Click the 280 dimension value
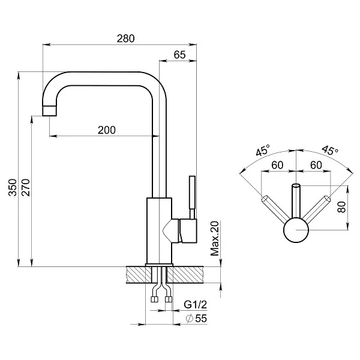(x=125, y=38)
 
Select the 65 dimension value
(x=179, y=55)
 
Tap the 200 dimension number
(x=107, y=130)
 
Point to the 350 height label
(x=13, y=187)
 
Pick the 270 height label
(x=26, y=187)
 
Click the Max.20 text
(x=215, y=238)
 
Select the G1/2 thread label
(x=196, y=305)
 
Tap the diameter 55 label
(x=196, y=319)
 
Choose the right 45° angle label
(x=329, y=150)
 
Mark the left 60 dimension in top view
(x=277, y=165)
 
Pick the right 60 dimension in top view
(x=316, y=165)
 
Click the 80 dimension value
(x=341, y=207)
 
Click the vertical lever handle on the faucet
(x=192, y=197)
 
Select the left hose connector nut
(x=154, y=299)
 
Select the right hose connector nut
(x=169, y=299)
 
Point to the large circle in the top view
(x=296, y=230)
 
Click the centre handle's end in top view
(x=296, y=185)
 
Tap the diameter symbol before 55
(x=189, y=319)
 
